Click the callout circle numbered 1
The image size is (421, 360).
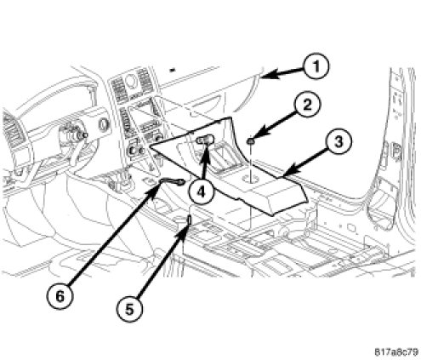click(x=316, y=67)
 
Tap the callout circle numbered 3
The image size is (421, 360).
click(x=339, y=142)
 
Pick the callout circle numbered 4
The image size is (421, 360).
click(x=201, y=192)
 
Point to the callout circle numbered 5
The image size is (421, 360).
click(x=129, y=310)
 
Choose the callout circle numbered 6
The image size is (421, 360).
click(x=60, y=297)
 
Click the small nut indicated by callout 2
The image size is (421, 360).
click(x=250, y=141)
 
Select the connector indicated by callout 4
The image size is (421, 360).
click(x=206, y=140)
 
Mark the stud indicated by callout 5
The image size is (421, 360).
click(x=190, y=220)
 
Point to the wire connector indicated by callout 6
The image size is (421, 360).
click(x=173, y=181)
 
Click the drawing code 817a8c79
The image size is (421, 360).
click(x=396, y=352)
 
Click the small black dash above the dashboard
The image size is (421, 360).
click(x=173, y=69)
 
